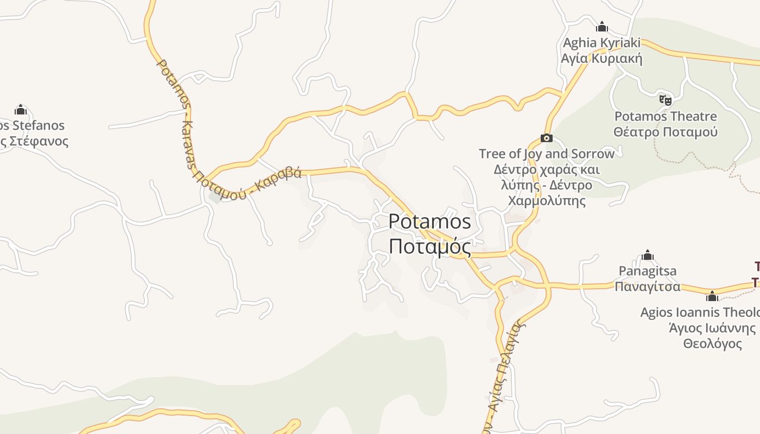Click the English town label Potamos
click(429, 222)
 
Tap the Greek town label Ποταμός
click(429, 246)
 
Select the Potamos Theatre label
click(665, 117)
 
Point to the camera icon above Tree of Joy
click(547, 138)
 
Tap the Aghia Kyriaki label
click(601, 43)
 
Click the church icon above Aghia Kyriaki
click(601, 27)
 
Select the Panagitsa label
click(648, 271)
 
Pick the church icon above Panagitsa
click(648, 256)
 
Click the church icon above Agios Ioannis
click(712, 296)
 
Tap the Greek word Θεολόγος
click(712, 343)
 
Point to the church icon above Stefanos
click(21, 110)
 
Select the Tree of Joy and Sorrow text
click(547, 154)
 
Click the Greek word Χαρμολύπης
click(547, 201)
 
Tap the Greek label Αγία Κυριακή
click(601, 58)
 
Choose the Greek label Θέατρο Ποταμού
click(665, 132)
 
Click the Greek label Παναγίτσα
click(648, 286)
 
